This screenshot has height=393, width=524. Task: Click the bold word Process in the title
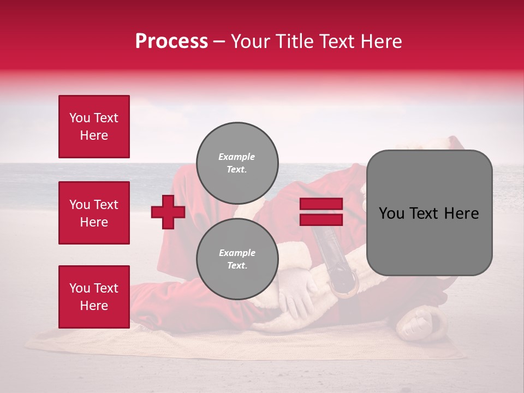click(171, 41)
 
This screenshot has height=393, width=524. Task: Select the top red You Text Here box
click(94, 127)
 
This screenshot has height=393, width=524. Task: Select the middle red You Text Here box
click(94, 213)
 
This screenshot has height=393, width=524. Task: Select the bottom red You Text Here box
click(94, 296)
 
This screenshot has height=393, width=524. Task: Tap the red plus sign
click(168, 212)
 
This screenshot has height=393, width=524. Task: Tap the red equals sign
click(321, 212)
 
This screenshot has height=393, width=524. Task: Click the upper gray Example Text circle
click(237, 163)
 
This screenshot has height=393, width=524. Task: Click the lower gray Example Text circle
click(237, 259)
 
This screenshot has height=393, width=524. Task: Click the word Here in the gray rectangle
click(462, 213)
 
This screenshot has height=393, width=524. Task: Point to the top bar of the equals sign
click(321, 204)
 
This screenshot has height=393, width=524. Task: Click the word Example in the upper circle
click(237, 157)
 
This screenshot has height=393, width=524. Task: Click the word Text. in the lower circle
click(237, 266)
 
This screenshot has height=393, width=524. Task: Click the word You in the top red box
click(79, 118)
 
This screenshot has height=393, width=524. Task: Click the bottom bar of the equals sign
click(321, 220)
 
